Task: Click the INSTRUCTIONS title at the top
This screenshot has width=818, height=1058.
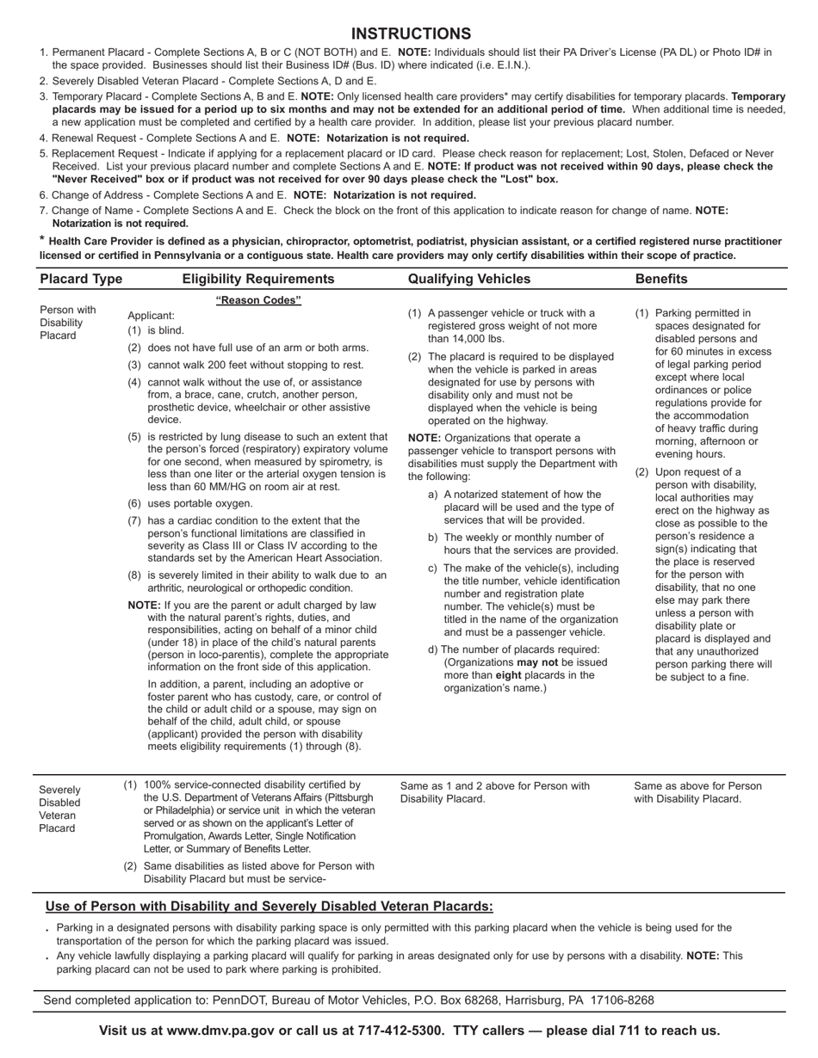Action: pos(411,34)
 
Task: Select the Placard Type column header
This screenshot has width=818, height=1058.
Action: pos(81,279)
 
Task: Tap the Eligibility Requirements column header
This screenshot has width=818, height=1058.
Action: pos(258,279)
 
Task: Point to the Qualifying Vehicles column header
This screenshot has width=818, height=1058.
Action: pos(469,279)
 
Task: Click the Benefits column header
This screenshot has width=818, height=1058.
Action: pos(661,279)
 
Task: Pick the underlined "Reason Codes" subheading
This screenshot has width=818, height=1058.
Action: pos(258,300)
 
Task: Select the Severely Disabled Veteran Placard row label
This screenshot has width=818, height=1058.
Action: pos(60,809)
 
